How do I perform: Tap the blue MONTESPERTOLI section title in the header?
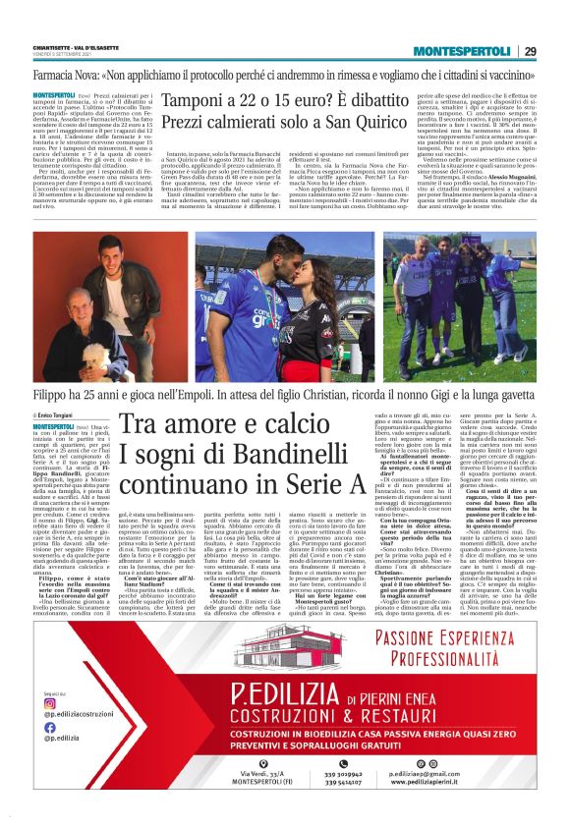pyautogui.click(x=461, y=51)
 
